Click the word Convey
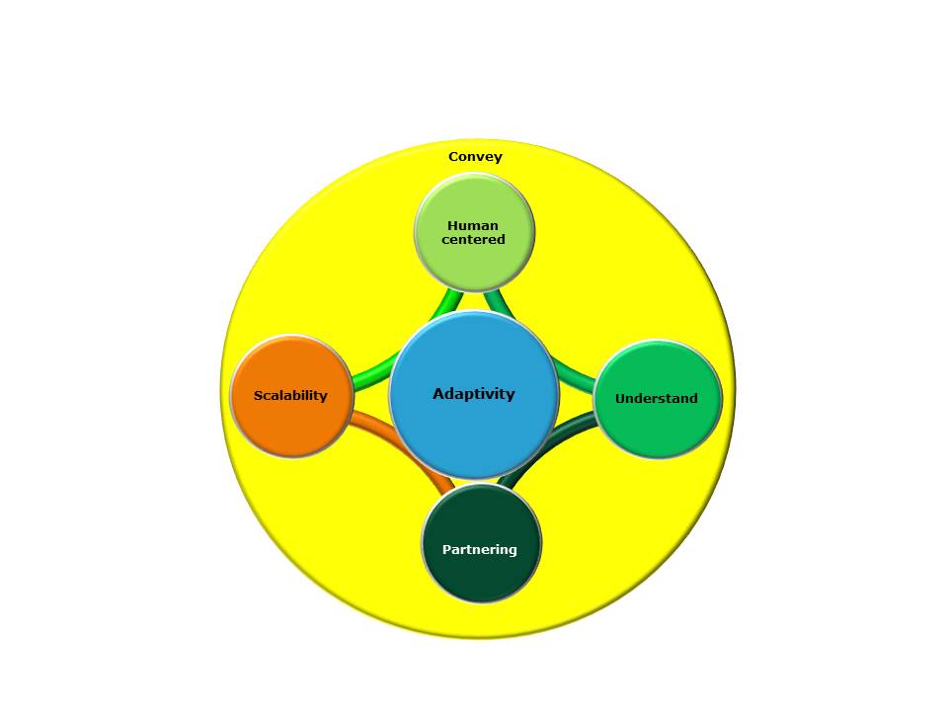(475, 157)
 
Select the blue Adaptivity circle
(474, 434)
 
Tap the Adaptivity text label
(474, 394)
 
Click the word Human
(473, 225)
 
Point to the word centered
(473, 240)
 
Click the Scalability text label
(290, 396)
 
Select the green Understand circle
(658, 430)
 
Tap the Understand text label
(657, 399)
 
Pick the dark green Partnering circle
(481, 578)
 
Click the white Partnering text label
(480, 550)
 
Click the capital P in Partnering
(446, 550)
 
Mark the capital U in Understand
(620, 399)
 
